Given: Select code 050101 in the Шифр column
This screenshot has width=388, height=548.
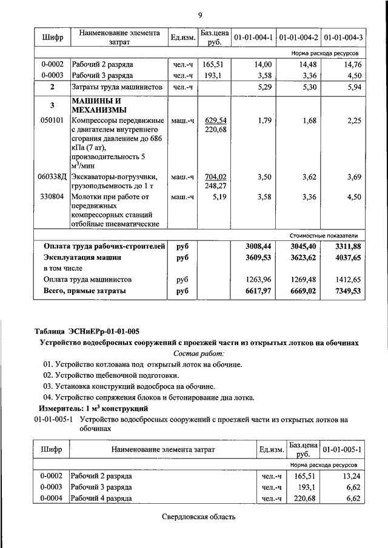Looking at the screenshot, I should point(52,120).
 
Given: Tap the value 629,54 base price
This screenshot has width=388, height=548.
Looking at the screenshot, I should point(215,120).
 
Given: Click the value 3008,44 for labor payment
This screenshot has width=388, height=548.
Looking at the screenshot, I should point(257,246).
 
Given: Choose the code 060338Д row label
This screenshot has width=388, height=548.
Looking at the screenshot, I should point(52,177).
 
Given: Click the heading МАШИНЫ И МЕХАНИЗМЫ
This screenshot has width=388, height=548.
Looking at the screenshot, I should point(99,105).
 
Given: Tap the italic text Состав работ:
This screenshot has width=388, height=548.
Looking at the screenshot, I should point(199,353).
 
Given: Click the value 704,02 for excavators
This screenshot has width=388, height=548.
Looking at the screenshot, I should point(215,177).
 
